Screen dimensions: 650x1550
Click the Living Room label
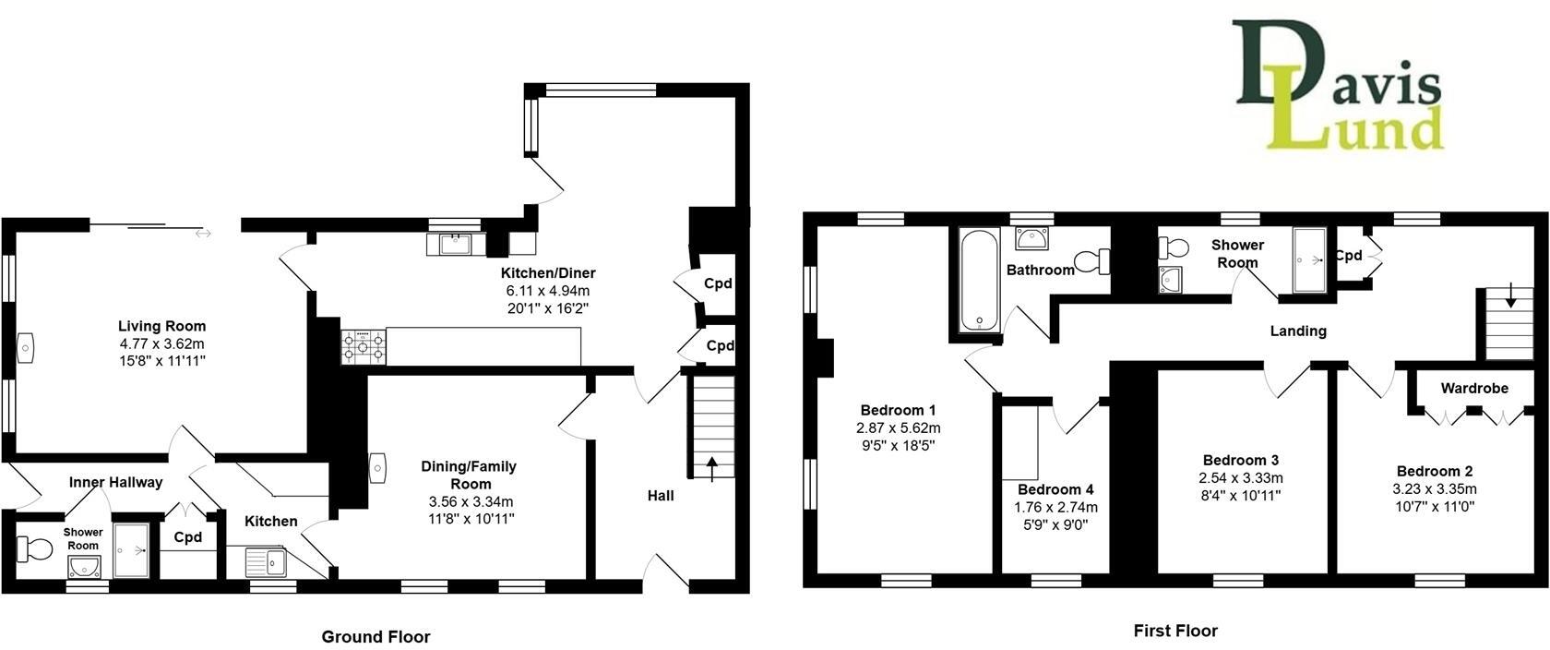[161, 326]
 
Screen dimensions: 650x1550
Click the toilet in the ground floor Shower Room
[35, 551]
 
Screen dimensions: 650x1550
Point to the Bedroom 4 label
[1055, 489]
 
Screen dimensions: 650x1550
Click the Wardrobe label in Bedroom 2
[1473, 388]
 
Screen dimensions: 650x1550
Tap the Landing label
[1298, 331]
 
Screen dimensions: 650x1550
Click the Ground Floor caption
[376, 636]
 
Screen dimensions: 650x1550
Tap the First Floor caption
[1175, 631]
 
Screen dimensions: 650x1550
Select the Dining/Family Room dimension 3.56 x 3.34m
[469, 501]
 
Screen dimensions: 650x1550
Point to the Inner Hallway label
[115, 482]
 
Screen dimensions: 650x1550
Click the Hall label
[661, 496]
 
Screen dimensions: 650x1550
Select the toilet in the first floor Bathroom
[1094, 261]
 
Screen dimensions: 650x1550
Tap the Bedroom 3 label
[1240, 460]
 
